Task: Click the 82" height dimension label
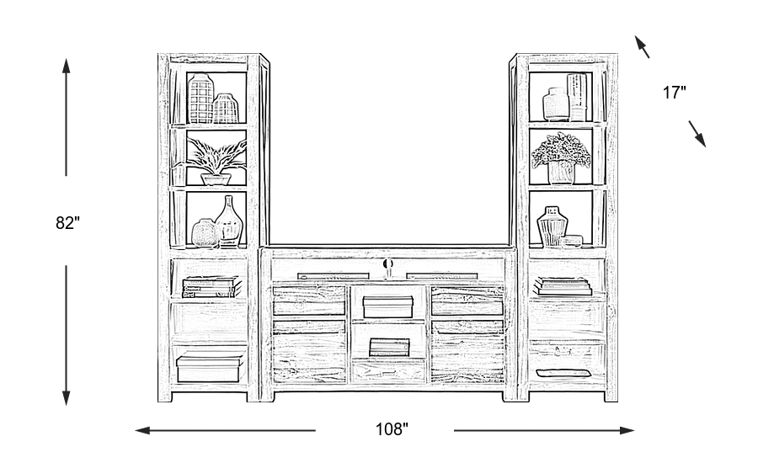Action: click(67, 223)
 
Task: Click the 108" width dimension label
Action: click(391, 430)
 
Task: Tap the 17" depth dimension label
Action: click(674, 93)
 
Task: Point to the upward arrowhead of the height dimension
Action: click(67, 64)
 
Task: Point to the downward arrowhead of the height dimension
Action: click(67, 399)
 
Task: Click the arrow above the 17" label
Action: click(643, 47)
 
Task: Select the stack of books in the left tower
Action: click(207, 287)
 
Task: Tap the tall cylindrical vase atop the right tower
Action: click(577, 96)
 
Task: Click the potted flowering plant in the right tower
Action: click(561, 158)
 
